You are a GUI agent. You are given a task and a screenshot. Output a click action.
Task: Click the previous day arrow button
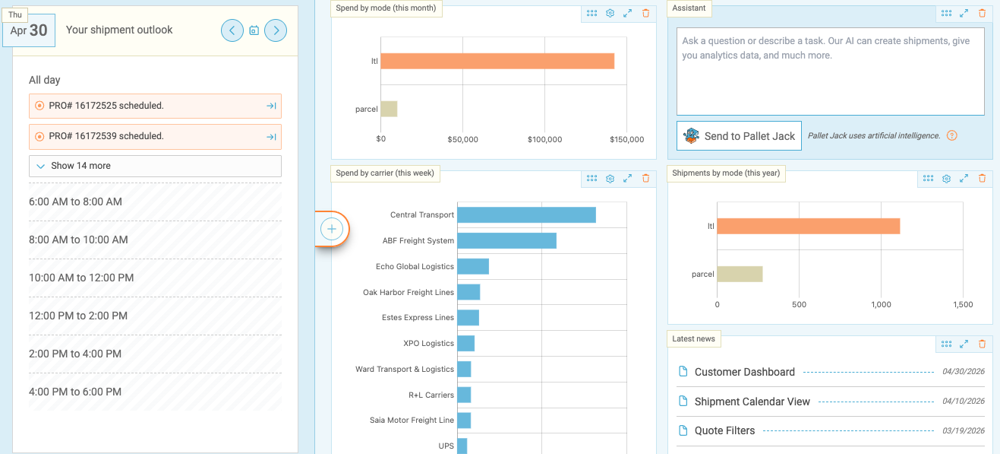tap(232, 30)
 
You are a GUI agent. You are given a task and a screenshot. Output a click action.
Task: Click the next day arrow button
tap(276, 30)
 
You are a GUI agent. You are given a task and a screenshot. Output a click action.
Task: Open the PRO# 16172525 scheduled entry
tap(155, 106)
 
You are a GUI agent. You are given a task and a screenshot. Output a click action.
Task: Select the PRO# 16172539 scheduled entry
tap(155, 136)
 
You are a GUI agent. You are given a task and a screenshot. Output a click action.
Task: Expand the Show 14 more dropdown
tap(155, 166)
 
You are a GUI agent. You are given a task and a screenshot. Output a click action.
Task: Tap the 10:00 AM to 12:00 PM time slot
tap(155, 278)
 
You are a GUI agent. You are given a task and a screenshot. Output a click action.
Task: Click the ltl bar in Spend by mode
tap(497, 62)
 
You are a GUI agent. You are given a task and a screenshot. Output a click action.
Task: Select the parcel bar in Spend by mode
tap(389, 110)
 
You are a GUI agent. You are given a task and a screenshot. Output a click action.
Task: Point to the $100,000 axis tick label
tap(544, 140)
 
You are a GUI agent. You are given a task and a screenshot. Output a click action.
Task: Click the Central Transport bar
tap(526, 214)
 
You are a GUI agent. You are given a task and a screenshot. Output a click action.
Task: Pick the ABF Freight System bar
tap(506, 240)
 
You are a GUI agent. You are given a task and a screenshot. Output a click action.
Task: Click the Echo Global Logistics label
tap(415, 267)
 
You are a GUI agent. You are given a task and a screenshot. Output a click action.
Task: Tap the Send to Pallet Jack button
tap(739, 136)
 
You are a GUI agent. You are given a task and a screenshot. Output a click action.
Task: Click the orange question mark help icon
tap(952, 135)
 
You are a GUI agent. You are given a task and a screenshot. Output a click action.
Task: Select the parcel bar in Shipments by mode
tap(740, 275)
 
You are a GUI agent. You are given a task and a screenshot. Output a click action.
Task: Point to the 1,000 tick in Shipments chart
tap(881, 305)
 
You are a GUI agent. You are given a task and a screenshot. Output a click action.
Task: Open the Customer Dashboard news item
tap(745, 372)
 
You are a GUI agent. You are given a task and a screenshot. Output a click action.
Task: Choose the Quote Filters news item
tap(724, 430)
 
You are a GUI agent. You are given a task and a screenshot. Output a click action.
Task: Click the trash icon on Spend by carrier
tap(645, 179)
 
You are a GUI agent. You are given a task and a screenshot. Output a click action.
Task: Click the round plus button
tap(332, 229)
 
